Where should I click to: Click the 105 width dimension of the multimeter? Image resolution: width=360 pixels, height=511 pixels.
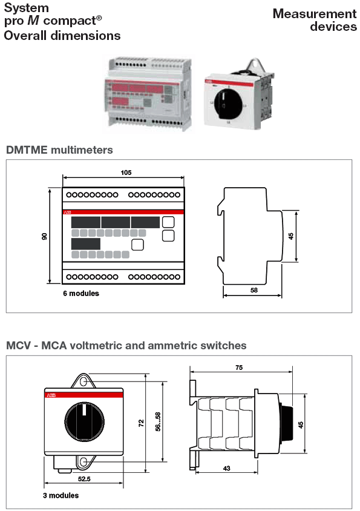[x=125, y=173]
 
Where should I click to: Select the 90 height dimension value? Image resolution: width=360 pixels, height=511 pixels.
[x=44, y=236]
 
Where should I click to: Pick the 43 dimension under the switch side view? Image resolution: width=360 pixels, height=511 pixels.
[x=226, y=469]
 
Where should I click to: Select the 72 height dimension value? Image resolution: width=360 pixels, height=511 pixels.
[x=141, y=423]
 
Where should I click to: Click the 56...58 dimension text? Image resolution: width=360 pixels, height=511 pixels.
[x=159, y=423]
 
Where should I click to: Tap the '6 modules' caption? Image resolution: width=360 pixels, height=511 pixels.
[x=80, y=293]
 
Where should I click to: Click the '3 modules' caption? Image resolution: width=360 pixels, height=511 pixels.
[x=61, y=495]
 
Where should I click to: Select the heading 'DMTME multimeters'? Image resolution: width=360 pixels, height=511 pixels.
[x=59, y=150]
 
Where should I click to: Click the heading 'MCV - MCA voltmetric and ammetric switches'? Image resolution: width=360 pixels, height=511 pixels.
[x=126, y=346]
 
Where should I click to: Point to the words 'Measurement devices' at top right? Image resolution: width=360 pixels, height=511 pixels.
[x=315, y=20]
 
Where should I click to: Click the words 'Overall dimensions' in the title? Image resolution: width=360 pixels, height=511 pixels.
[x=62, y=36]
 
